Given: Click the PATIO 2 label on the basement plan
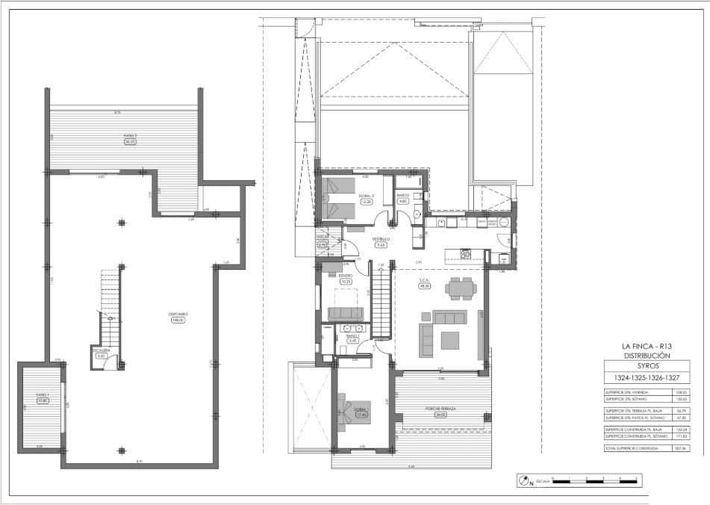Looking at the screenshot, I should (131, 137).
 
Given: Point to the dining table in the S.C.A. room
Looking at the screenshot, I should (458, 288).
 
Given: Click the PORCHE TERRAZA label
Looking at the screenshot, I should (440, 410).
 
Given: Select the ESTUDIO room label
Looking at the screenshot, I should (345, 276).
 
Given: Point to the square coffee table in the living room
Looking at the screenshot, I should (450, 341).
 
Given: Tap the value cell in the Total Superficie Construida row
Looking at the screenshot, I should (680, 449).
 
